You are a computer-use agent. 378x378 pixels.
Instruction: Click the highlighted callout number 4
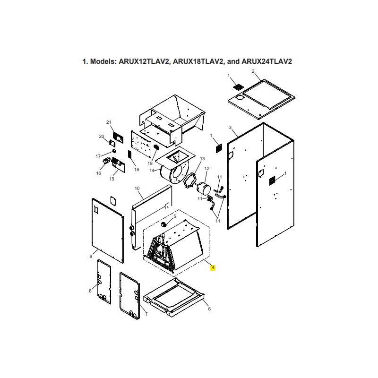click(214, 268)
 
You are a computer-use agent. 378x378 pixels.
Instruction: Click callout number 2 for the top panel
click(253, 71)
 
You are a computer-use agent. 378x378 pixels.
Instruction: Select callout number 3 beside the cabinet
click(230, 128)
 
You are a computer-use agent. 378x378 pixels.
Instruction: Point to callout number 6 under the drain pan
click(209, 309)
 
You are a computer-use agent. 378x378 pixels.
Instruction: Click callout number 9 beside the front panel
click(91, 256)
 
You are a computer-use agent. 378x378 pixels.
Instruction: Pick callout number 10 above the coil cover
click(137, 189)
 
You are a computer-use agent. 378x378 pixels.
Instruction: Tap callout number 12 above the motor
click(206, 169)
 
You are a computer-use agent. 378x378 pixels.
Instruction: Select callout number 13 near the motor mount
click(202, 159)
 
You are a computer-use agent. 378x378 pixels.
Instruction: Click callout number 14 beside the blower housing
click(152, 170)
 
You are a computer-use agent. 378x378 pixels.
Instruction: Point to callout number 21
click(109, 123)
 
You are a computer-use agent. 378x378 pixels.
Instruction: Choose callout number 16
click(99, 173)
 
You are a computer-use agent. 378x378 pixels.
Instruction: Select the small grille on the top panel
click(239, 87)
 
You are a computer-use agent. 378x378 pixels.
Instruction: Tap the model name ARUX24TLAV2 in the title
click(269, 62)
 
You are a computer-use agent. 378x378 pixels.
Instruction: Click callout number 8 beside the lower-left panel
click(90, 291)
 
